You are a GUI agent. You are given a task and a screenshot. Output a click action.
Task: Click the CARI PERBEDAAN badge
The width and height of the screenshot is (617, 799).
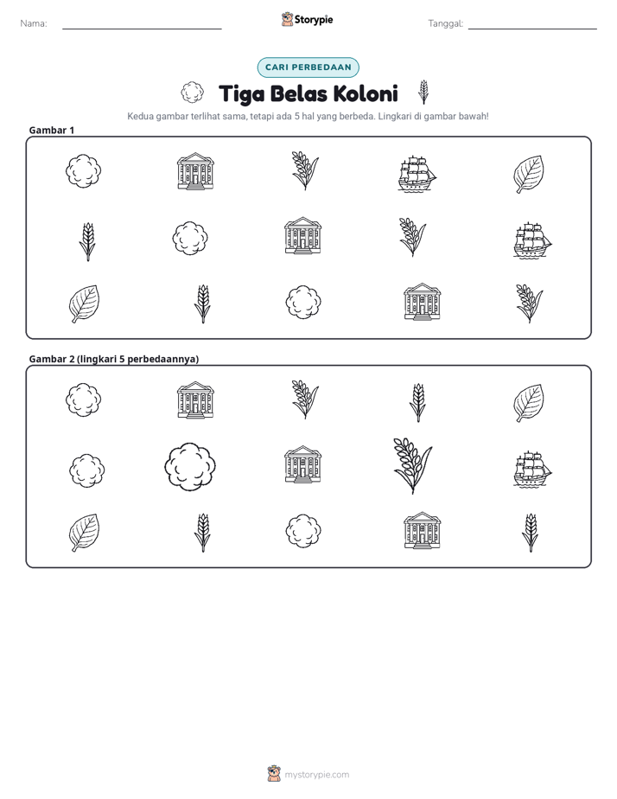(x=308, y=67)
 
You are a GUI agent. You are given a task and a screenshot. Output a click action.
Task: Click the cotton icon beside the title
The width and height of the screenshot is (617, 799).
(x=192, y=93)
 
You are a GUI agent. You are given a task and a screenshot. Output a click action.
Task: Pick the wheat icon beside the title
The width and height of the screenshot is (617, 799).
(x=423, y=93)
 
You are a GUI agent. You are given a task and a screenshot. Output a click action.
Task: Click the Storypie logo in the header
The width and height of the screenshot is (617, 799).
(x=308, y=19)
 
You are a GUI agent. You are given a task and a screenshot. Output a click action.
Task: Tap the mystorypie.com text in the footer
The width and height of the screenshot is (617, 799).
(x=316, y=775)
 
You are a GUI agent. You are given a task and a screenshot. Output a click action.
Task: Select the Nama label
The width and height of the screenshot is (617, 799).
(x=34, y=23)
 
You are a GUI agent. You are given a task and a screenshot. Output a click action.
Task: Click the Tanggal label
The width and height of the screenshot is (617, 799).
(x=445, y=23)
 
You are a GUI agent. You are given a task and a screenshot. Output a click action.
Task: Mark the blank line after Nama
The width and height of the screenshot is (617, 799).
(x=142, y=29)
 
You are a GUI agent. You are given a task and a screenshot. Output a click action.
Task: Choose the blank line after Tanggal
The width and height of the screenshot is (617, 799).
(x=532, y=29)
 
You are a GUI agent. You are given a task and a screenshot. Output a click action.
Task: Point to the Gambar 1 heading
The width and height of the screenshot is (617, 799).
(x=52, y=130)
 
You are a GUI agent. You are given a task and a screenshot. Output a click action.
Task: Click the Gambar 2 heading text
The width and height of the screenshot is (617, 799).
(x=113, y=359)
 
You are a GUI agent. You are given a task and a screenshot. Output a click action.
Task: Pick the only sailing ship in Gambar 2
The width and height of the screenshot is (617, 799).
(x=532, y=469)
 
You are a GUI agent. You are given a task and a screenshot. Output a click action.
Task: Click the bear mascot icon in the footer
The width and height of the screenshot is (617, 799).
(x=274, y=774)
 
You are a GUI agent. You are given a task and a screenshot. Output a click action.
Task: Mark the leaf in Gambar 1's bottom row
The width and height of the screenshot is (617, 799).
(x=84, y=304)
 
